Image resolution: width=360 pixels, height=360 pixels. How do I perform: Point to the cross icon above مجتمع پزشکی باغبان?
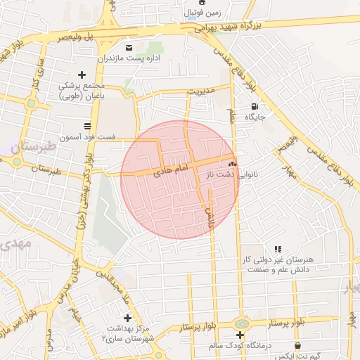(82, 75)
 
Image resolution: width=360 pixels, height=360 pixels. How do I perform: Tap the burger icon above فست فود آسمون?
(87, 125)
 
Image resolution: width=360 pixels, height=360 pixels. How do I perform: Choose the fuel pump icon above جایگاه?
(252, 106)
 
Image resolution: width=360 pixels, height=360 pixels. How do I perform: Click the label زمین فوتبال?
(202, 13)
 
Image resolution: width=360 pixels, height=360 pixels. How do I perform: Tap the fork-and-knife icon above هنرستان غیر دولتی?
(278, 249)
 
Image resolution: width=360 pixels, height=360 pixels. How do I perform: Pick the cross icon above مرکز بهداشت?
(127, 318)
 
